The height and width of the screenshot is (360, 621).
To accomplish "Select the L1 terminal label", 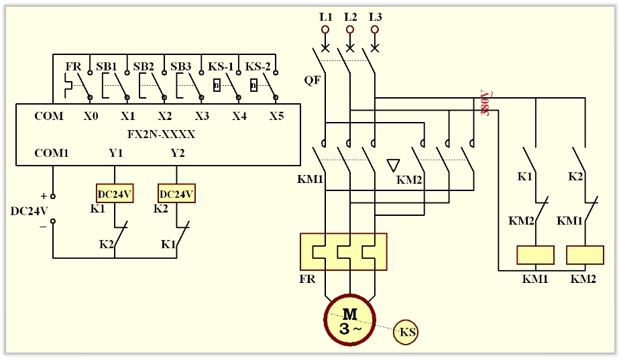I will click(x=325, y=16).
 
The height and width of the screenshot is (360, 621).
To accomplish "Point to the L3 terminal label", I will click(x=375, y=16).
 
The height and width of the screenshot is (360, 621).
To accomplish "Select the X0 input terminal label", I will click(x=91, y=116).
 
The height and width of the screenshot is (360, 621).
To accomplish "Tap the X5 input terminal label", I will click(x=276, y=116).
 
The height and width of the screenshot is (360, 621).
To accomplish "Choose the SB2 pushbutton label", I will click(x=144, y=67).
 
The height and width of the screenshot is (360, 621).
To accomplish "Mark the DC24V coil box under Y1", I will click(x=115, y=193).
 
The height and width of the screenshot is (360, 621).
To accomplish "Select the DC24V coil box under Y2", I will click(x=176, y=193).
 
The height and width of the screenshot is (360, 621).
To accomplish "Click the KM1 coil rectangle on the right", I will click(x=535, y=255).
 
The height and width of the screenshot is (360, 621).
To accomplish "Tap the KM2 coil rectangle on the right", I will click(x=585, y=255).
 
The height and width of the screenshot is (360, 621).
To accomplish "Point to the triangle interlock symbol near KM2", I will click(x=394, y=166).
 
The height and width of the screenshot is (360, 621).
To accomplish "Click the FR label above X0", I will click(x=73, y=67).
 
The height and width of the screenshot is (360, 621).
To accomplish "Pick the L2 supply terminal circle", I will click(x=349, y=30).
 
